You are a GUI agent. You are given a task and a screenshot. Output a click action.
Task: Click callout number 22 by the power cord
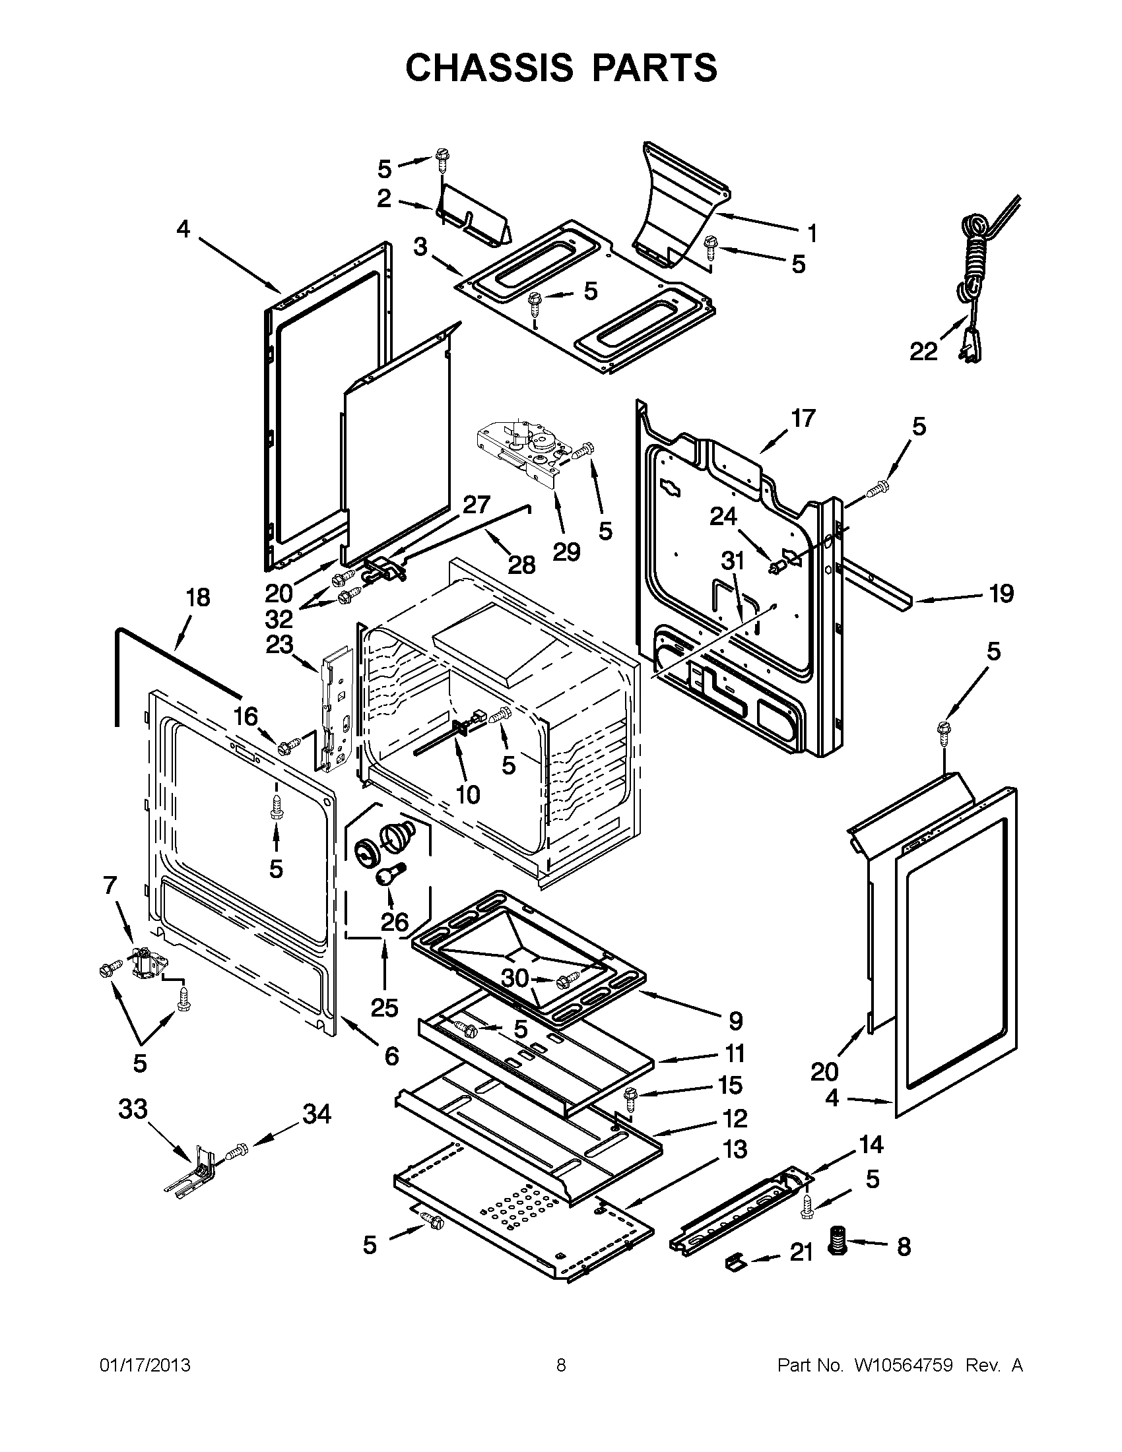923,351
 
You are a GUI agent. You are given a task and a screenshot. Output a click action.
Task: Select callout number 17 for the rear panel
803,418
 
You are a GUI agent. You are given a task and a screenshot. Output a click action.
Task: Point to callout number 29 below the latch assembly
567,551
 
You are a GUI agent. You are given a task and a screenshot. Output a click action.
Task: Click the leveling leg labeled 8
837,1241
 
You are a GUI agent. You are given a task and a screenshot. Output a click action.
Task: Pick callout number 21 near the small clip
801,1253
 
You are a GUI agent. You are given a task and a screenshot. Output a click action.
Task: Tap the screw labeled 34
236,1148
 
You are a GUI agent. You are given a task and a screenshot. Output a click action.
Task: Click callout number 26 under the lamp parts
395,922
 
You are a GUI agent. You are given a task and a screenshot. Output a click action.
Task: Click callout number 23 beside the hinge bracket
279,645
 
